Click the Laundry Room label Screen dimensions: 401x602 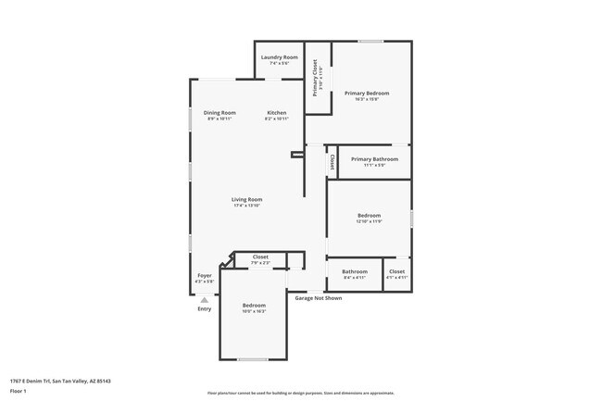point(279,57)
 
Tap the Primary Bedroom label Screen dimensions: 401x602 point(367,93)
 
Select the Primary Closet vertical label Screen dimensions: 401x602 point(315,78)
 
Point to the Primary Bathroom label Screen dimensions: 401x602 point(374,158)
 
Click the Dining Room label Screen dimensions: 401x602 point(219,112)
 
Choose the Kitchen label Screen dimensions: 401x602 point(277,112)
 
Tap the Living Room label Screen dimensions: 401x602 point(246,199)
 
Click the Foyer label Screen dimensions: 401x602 point(205,275)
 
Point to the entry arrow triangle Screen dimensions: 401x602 point(205,299)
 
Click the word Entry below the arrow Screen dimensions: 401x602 point(205,308)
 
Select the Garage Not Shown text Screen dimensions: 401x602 point(318,298)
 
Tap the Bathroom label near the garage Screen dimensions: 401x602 point(355,271)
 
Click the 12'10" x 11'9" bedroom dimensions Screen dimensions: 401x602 point(369,221)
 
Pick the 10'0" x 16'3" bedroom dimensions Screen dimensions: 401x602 point(254,311)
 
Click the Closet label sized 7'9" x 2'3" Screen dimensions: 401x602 point(260,263)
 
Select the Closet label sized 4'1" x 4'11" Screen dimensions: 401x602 point(396,277)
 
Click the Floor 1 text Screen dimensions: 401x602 point(19,391)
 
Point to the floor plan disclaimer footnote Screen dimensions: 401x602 point(300,393)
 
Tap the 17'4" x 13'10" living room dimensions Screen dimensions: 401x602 point(246,206)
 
